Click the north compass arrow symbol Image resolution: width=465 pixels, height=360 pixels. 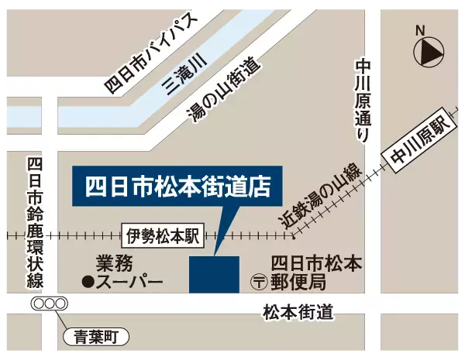(x=430, y=53)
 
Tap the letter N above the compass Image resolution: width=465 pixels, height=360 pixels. (x=421, y=30)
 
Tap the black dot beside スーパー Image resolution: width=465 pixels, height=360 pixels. (x=88, y=282)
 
